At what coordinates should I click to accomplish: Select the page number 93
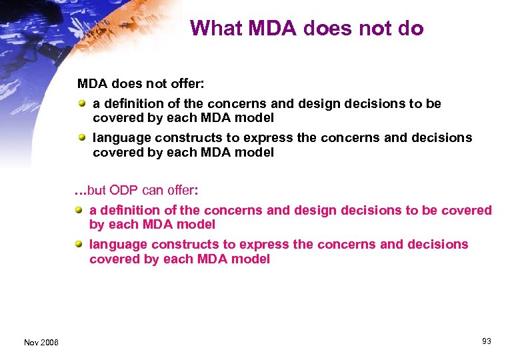[x=487, y=341]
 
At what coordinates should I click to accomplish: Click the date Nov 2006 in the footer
[x=41, y=342]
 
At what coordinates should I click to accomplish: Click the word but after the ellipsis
[x=97, y=191]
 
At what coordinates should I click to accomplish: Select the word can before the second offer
[x=154, y=191]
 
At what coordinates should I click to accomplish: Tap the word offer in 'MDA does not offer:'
[x=186, y=84]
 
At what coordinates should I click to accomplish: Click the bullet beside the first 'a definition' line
[x=82, y=103]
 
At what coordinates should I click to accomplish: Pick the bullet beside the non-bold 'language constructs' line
[x=82, y=137]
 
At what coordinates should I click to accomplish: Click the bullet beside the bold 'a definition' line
[x=80, y=211]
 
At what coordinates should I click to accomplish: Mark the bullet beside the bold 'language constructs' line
[x=80, y=244]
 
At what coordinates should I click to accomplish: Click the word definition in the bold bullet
[x=130, y=211]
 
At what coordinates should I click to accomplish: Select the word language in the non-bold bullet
[x=121, y=138]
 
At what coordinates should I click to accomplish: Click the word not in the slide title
[x=374, y=28]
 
